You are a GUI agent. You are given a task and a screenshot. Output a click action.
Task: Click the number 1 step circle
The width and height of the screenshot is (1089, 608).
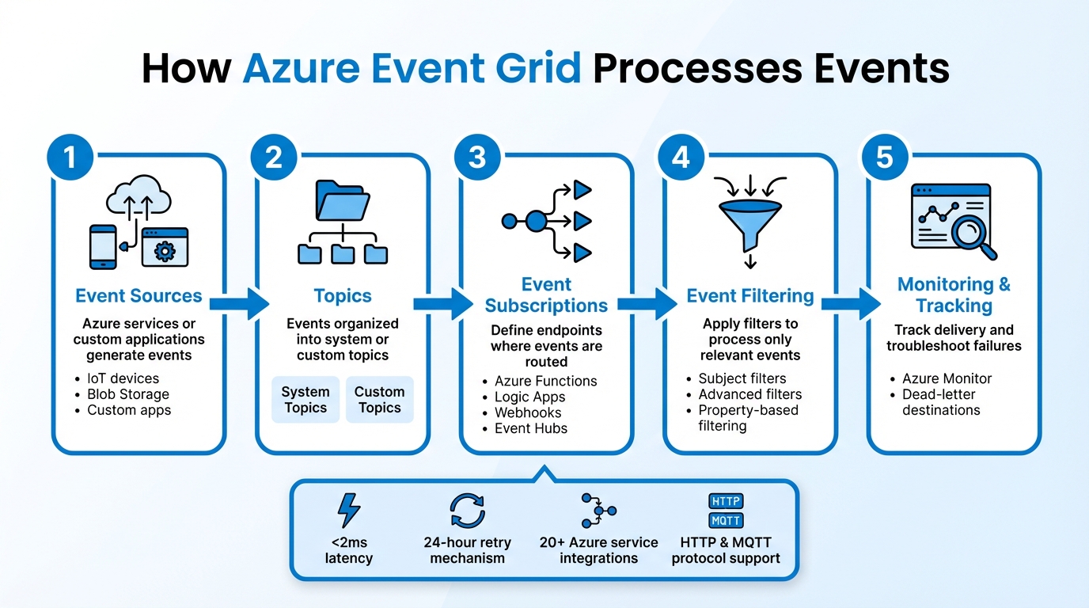(70, 157)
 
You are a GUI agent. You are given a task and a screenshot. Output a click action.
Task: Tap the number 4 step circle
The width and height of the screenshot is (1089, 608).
(681, 157)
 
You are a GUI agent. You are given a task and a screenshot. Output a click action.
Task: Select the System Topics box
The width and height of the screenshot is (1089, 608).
(305, 400)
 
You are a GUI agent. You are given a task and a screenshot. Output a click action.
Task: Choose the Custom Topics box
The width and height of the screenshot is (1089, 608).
(379, 400)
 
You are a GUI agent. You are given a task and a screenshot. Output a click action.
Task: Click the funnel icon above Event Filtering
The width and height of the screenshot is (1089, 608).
(749, 218)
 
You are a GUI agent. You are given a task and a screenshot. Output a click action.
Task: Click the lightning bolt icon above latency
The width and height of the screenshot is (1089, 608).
(348, 511)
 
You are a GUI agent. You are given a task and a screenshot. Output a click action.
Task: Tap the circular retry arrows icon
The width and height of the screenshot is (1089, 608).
(467, 511)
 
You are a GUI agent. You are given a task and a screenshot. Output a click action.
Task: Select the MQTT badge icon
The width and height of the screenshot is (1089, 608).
(726, 521)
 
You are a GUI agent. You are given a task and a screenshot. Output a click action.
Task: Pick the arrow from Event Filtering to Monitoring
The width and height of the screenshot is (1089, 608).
(851, 303)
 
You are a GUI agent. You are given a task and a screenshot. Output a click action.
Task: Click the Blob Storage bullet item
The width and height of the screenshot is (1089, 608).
(127, 394)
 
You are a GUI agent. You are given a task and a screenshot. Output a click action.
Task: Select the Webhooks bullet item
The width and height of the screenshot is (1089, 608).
(528, 412)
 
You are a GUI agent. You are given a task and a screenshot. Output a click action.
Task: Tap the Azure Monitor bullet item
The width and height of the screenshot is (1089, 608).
(947, 378)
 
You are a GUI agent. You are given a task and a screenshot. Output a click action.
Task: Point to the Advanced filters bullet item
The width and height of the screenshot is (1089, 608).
(749, 394)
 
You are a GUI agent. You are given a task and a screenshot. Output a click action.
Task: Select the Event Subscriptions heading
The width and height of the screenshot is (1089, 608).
(546, 295)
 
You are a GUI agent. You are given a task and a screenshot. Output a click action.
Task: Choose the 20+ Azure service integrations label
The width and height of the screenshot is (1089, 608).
(598, 550)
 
